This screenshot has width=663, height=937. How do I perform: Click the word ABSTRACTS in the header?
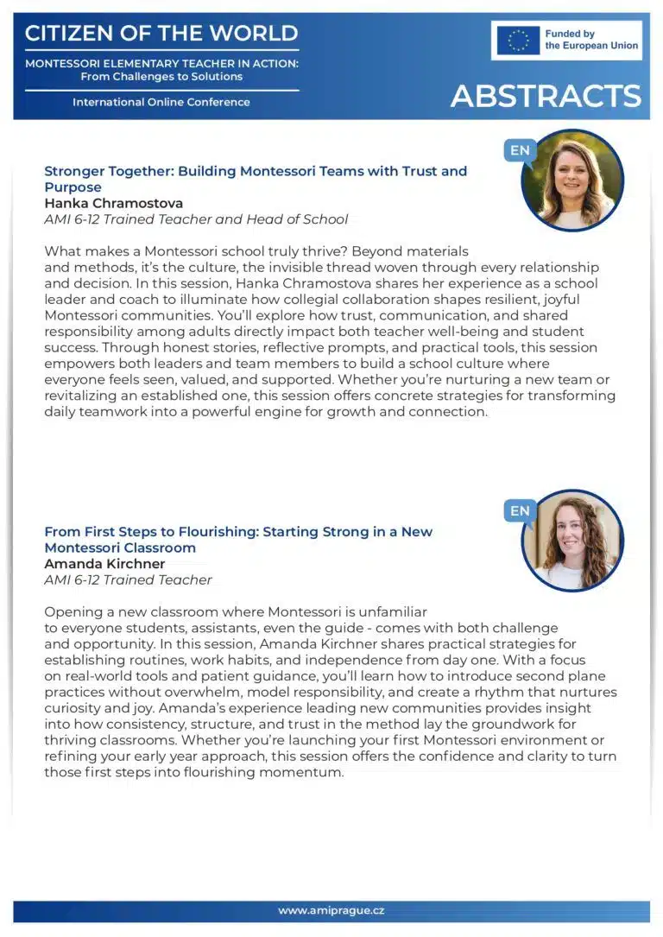click(546, 96)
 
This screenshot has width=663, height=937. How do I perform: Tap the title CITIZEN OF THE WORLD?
click(161, 35)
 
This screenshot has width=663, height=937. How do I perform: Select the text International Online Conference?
click(161, 102)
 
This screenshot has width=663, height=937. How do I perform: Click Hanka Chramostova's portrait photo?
click(572, 180)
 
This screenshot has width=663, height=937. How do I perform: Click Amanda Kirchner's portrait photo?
click(572, 541)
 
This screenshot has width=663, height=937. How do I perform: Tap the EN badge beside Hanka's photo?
click(520, 150)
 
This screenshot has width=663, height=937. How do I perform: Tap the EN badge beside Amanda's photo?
click(520, 511)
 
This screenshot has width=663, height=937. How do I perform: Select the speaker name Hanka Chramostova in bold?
click(113, 204)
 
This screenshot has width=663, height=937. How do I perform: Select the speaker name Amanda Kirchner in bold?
click(104, 564)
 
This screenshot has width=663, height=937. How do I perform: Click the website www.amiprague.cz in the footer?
click(331, 910)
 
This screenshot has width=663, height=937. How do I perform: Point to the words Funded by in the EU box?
click(571, 35)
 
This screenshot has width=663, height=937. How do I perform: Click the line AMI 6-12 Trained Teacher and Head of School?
click(196, 219)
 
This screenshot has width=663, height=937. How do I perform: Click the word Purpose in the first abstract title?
click(73, 187)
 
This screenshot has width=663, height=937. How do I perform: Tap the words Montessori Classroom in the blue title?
click(120, 548)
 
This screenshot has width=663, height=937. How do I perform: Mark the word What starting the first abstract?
click(60, 251)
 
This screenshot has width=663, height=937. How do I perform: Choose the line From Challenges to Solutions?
click(161, 76)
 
